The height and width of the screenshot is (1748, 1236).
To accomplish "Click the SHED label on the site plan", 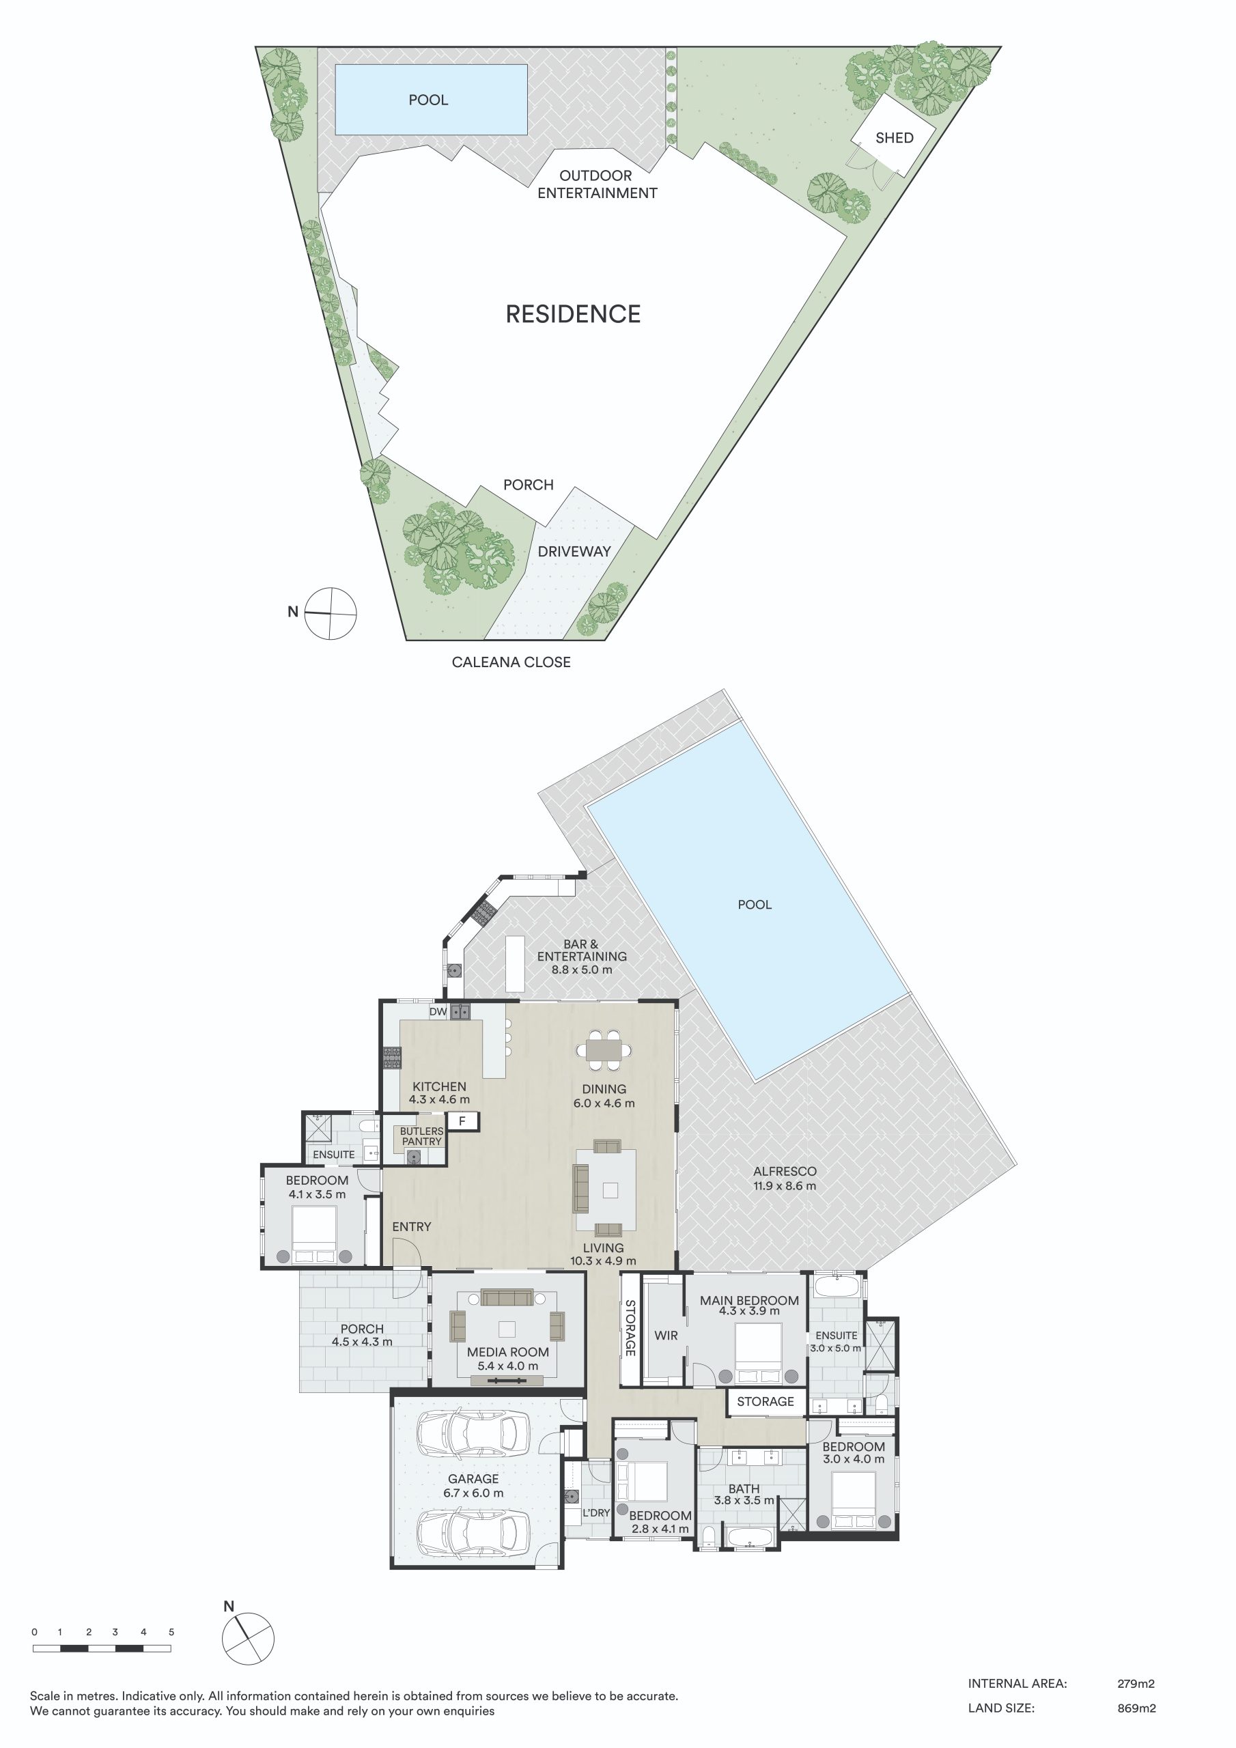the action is pyautogui.click(x=894, y=138).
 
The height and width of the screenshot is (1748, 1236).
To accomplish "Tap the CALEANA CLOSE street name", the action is pyautogui.click(x=511, y=662).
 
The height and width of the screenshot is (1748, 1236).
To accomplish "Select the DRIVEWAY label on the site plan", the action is pyautogui.click(x=574, y=551).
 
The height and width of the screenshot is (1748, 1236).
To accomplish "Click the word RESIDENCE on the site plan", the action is pyautogui.click(x=573, y=313).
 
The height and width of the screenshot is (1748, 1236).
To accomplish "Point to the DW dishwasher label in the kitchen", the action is pyautogui.click(x=438, y=1012).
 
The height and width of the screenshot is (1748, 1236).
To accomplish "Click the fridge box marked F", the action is pyautogui.click(x=462, y=1120).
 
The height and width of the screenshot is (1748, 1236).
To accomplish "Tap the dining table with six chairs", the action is pyautogui.click(x=604, y=1051).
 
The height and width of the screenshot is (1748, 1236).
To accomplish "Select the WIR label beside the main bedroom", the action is pyautogui.click(x=666, y=1336).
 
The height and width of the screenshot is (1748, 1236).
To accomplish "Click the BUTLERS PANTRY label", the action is pyautogui.click(x=422, y=1136).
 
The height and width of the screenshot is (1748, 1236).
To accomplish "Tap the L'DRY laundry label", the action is pyautogui.click(x=596, y=1512).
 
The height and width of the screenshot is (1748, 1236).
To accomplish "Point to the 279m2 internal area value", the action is pyautogui.click(x=1136, y=1684).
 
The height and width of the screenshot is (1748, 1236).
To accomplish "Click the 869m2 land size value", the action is pyautogui.click(x=1136, y=1708).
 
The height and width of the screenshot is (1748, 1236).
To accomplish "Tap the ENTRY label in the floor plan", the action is pyautogui.click(x=411, y=1226).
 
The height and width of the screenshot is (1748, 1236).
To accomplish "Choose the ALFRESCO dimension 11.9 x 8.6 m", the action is pyautogui.click(x=785, y=1185).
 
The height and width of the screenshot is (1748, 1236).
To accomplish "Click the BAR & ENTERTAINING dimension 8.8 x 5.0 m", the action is pyautogui.click(x=582, y=970).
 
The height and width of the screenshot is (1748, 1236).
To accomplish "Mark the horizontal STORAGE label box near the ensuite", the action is pyautogui.click(x=766, y=1402).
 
